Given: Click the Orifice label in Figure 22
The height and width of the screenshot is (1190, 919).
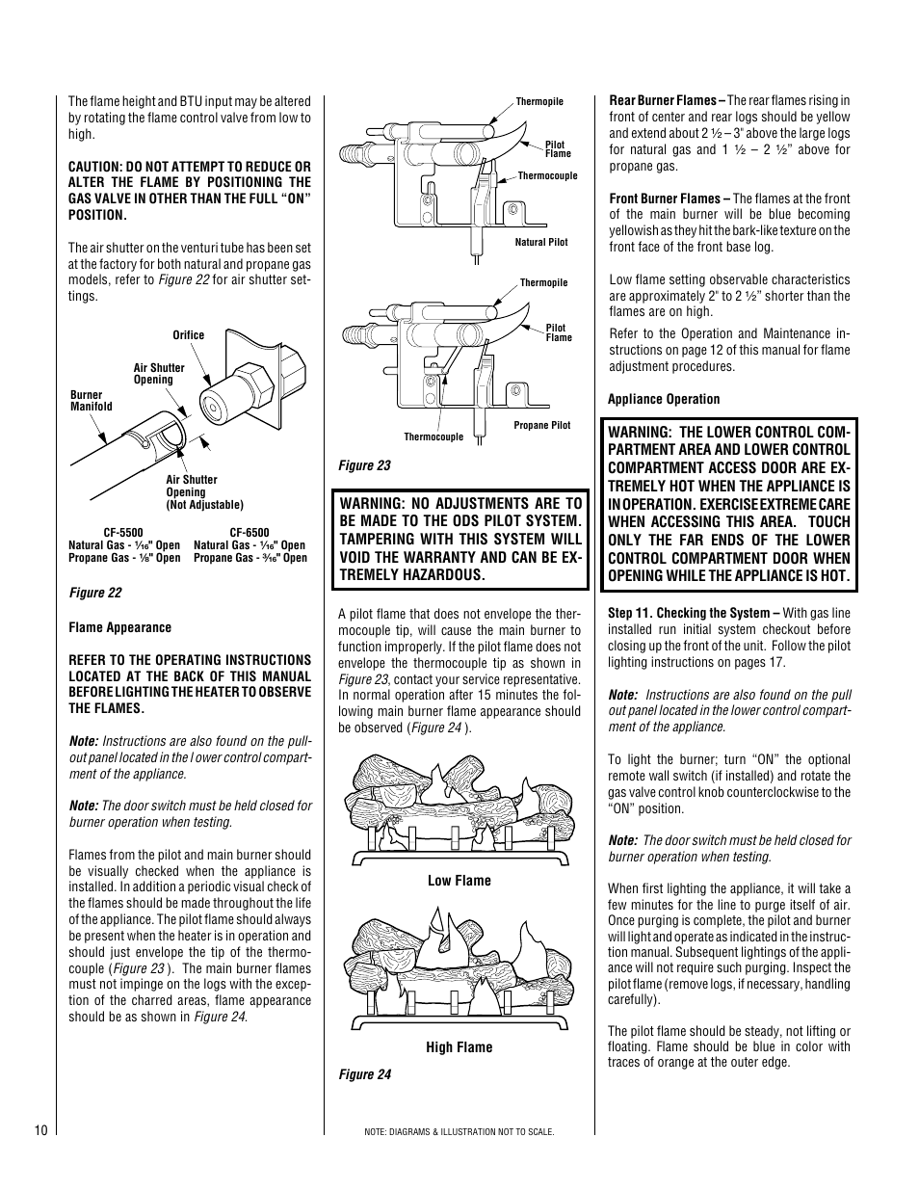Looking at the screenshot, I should click(189, 335).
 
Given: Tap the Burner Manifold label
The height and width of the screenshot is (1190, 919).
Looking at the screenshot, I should click(92, 401).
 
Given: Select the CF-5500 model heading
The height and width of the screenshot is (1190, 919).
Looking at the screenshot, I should click(123, 532).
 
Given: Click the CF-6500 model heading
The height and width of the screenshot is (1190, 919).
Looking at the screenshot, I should click(249, 532).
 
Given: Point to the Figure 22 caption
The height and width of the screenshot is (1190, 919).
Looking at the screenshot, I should click(94, 594).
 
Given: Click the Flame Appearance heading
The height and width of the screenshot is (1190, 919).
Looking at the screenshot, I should click(119, 627).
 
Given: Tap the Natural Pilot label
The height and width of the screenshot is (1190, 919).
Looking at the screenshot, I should click(541, 243).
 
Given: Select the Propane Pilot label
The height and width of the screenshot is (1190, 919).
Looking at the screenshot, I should click(541, 425).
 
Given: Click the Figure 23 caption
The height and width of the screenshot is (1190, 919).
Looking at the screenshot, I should click(364, 465).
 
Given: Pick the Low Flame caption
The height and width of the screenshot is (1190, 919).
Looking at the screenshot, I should click(459, 881).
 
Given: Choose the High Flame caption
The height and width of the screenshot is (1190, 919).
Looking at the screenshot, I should click(459, 1047).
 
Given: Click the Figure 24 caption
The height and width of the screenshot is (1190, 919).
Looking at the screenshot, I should click(364, 1075).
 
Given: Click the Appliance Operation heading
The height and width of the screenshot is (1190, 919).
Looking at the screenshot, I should click(664, 399).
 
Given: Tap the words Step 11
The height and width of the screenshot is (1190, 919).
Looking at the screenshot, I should click(629, 613).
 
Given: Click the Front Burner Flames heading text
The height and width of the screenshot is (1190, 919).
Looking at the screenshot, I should click(669, 198).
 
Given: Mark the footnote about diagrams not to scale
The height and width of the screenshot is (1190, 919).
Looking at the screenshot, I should click(459, 1131).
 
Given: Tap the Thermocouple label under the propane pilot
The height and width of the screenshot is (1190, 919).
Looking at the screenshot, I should click(433, 437).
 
